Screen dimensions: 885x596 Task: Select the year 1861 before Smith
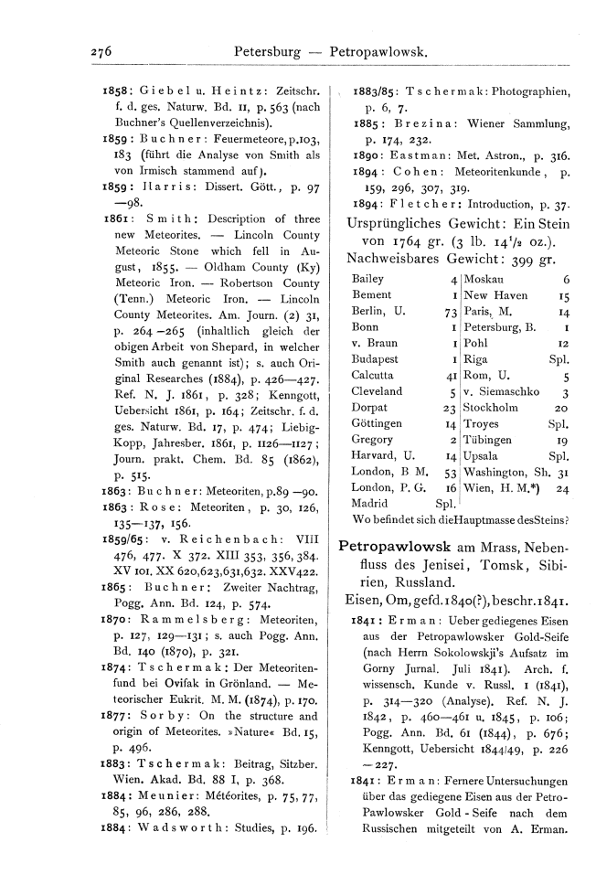[118, 219]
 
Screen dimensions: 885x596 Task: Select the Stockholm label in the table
[493, 408]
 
